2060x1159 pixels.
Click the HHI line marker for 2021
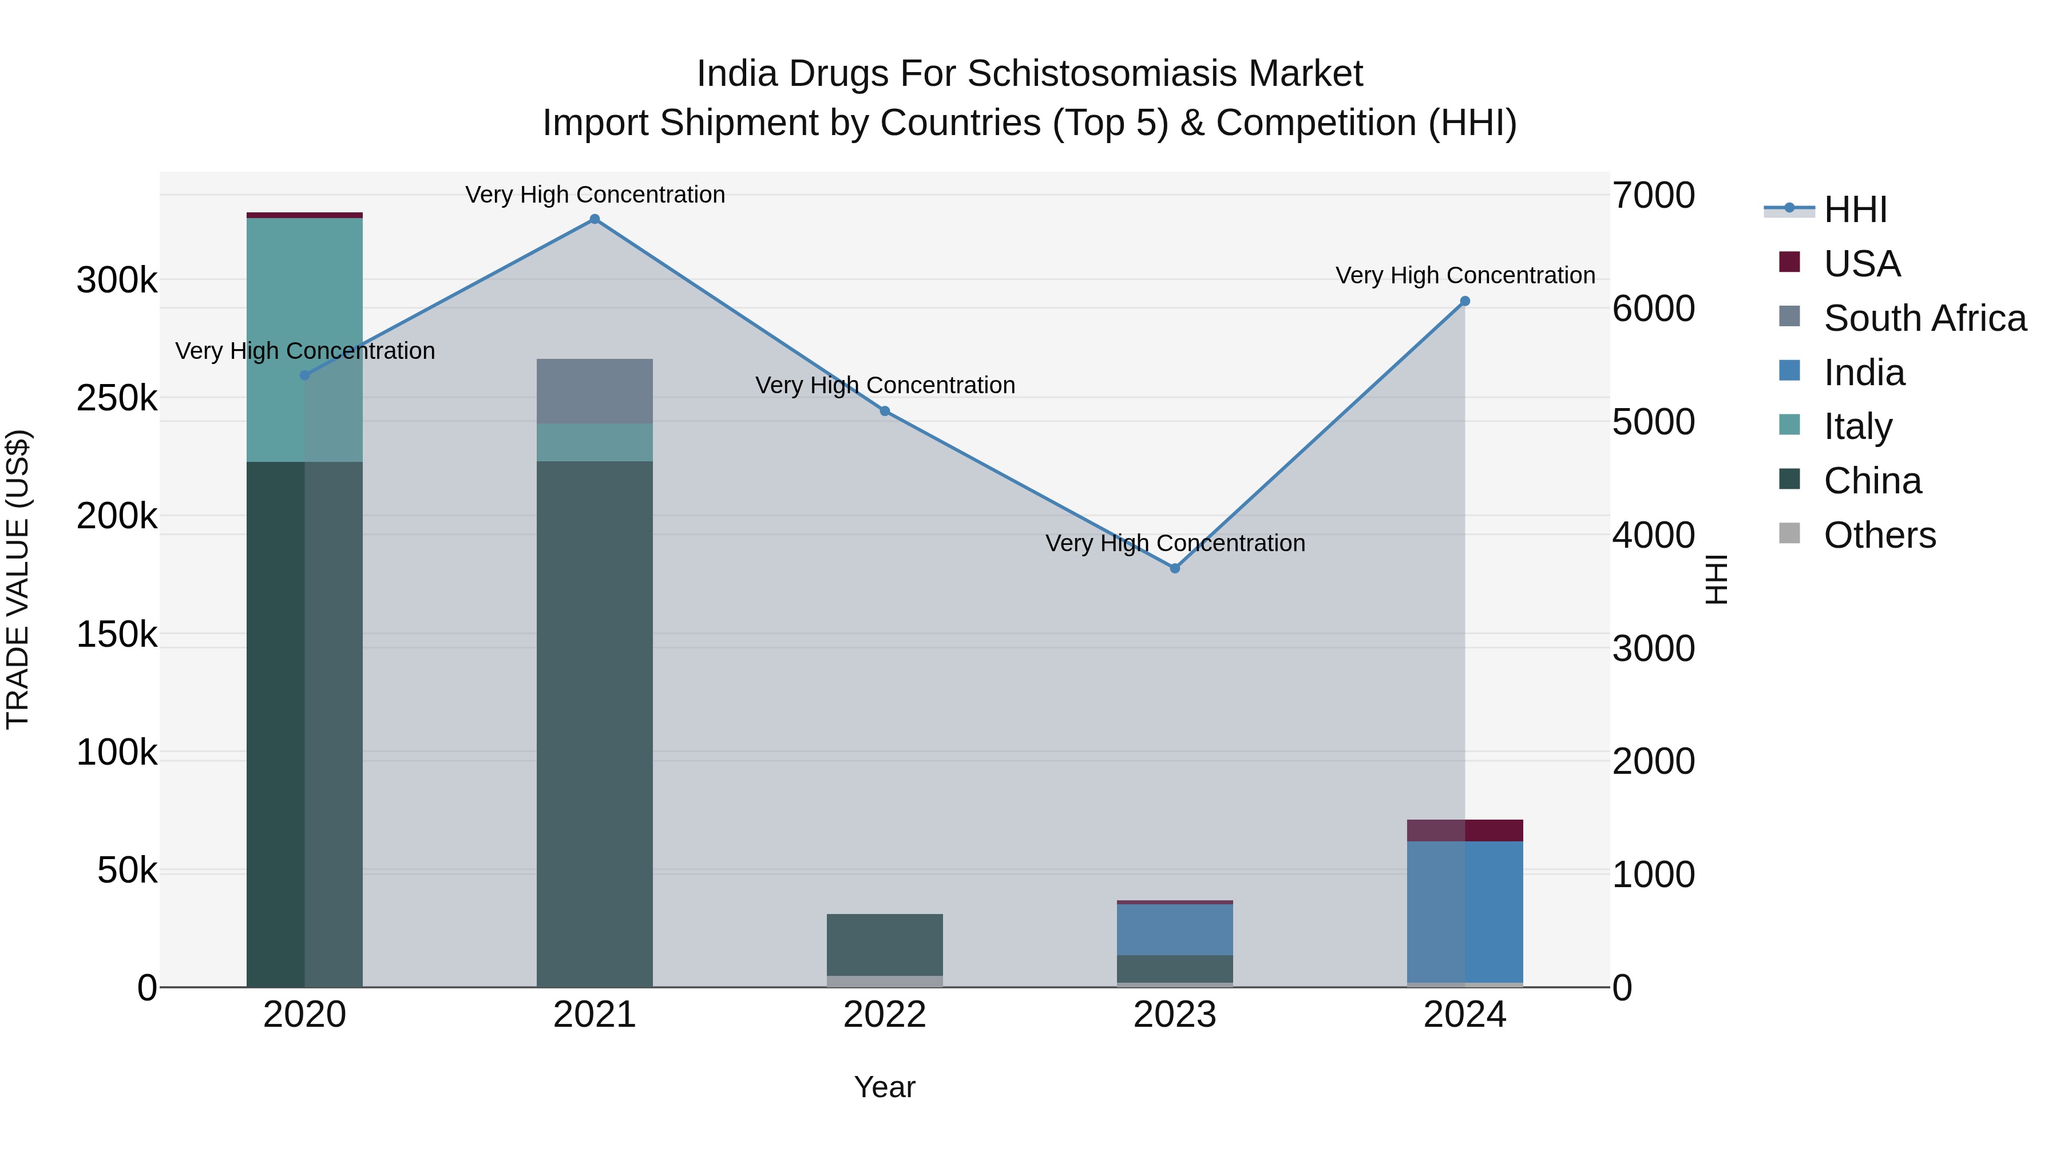click(594, 219)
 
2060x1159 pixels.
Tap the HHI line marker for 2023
click(1175, 568)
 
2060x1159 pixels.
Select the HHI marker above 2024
click(1464, 302)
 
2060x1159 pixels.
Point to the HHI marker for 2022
click(885, 411)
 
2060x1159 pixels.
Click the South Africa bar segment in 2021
click(594, 391)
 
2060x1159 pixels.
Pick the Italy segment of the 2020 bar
click(304, 339)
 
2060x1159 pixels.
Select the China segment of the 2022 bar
click(885, 944)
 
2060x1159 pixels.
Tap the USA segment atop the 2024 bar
click(1464, 830)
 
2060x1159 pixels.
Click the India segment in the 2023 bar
click(1175, 929)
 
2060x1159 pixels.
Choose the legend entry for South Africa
click(1924, 318)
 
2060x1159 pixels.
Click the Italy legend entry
click(1857, 426)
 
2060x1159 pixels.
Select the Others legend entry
click(1879, 535)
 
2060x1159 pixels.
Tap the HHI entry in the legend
click(1855, 209)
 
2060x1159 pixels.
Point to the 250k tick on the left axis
click(117, 398)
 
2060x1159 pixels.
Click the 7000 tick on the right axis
click(1652, 196)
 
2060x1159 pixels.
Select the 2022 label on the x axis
click(885, 1015)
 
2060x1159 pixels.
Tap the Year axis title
click(885, 1087)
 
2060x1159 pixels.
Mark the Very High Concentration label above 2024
click(1465, 275)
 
